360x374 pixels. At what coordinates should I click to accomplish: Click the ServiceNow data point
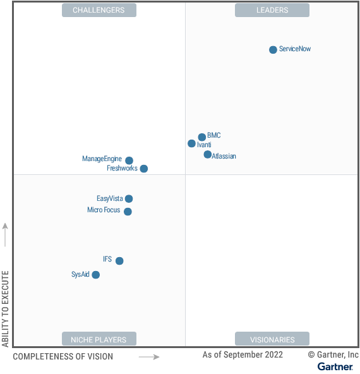click(x=273, y=49)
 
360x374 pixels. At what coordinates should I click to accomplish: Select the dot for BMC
click(x=202, y=136)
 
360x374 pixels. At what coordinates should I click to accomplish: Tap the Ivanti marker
click(x=191, y=143)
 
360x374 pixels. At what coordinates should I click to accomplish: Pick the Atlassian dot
click(x=207, y=154)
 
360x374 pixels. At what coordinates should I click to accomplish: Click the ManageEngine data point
click(x=129, y=160)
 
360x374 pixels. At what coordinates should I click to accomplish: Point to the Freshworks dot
click(x=143, y=169)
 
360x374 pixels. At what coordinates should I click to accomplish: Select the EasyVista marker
click(x=129, y=199)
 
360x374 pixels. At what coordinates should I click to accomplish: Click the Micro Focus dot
click(x=128, y=212)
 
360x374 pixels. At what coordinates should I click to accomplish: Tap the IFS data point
click(x=119, y=261)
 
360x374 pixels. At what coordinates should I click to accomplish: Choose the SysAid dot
click(x=95, y=275)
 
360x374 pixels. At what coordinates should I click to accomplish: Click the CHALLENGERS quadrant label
click(x=99, y=10)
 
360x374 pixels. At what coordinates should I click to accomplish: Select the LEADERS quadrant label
click(x=272, y=10)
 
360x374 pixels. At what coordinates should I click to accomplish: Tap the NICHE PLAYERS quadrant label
click(x=99, y=339)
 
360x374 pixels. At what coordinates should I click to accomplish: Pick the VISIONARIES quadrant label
click(x=272, y=339)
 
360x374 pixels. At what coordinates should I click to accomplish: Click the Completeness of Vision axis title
click(x=63, y=357)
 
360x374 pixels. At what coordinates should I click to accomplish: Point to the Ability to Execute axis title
click(x=6, y=309)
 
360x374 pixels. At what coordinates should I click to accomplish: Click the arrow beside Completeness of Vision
click(x=149, y=357)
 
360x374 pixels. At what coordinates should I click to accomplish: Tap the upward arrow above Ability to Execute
click(x=6, y=234)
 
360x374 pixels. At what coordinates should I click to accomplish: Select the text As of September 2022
click(x=243, y=355)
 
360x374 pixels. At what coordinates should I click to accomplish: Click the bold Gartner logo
click(x=335, y=366)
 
